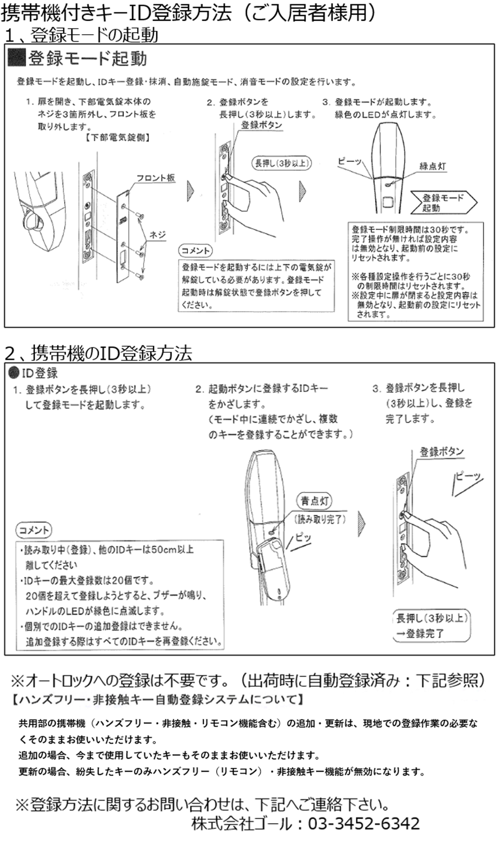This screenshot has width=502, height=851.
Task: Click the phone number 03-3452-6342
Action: click(363, 823)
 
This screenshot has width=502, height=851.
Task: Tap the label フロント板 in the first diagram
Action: click(155, 178)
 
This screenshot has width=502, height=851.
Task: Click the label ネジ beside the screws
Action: click(157, 235)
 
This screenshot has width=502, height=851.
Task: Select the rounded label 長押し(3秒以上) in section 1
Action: click(281, 163)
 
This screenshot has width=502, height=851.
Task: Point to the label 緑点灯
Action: click(432, 166)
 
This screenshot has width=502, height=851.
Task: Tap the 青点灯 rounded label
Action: click(315, 501)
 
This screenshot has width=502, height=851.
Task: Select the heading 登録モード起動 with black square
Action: click(78, 59)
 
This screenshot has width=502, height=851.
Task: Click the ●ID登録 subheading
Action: click(34, 373)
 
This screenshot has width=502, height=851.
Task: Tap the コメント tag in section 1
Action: click(196, 251)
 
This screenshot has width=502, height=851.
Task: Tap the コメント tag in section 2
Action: click(34, 530)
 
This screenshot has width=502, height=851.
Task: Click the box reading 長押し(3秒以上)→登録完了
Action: click(431, 626)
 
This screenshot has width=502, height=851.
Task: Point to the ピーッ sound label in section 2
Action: click(468, 476)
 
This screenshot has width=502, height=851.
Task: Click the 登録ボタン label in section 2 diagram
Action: click(441, 452)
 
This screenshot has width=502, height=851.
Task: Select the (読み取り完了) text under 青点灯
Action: click(320, 519)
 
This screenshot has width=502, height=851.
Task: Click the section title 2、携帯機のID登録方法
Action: click(98, 353)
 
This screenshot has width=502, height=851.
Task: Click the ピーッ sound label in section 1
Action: click(350, 162)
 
